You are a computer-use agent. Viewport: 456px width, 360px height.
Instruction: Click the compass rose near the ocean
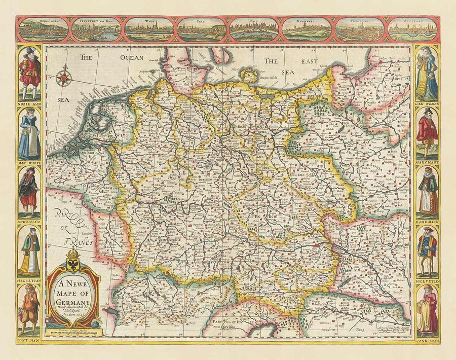click(x=63, y=77)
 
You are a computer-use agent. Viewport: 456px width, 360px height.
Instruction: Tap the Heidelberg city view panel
click(x=43, y=29)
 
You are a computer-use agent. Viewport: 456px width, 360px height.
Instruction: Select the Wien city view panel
click(x=149, y=29)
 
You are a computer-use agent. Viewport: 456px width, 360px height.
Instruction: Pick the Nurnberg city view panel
click(x=307, y=29)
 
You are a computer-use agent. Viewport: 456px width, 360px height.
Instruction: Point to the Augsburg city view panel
click(x=412, y=29)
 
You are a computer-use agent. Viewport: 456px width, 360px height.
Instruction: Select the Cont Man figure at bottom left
click(x=29, y=309)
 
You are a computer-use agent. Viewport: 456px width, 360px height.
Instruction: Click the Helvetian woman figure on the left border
click(x=29, y=251)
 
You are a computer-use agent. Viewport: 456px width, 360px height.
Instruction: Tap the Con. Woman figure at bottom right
click(x=427, y=309)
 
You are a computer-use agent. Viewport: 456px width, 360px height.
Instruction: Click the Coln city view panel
click(x=254, y=29)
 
